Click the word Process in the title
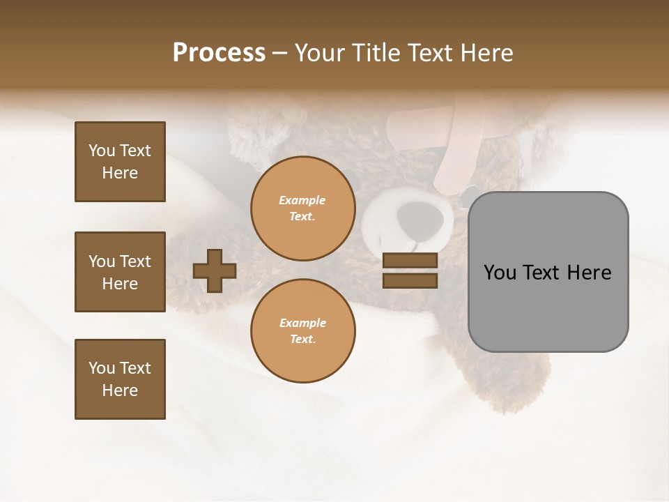[x=219, y=53]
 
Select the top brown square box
[x=120, y=162]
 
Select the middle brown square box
[x=120, y=272]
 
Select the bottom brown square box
[x=120, y=379]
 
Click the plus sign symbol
[x=215, y=271]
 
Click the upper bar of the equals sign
[x=410, y=260]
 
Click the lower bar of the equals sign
[x=410, y=280]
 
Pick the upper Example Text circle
[x=302, y=208]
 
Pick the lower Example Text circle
[x=302, y=330]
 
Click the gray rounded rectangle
[x=548, y=307]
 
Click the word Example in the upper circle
[x=302, y=200]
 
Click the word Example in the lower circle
[x=302, y=323]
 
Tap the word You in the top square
[x=102, y=151]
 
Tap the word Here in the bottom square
[x=120, y=390]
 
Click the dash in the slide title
[x=280, y=53]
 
